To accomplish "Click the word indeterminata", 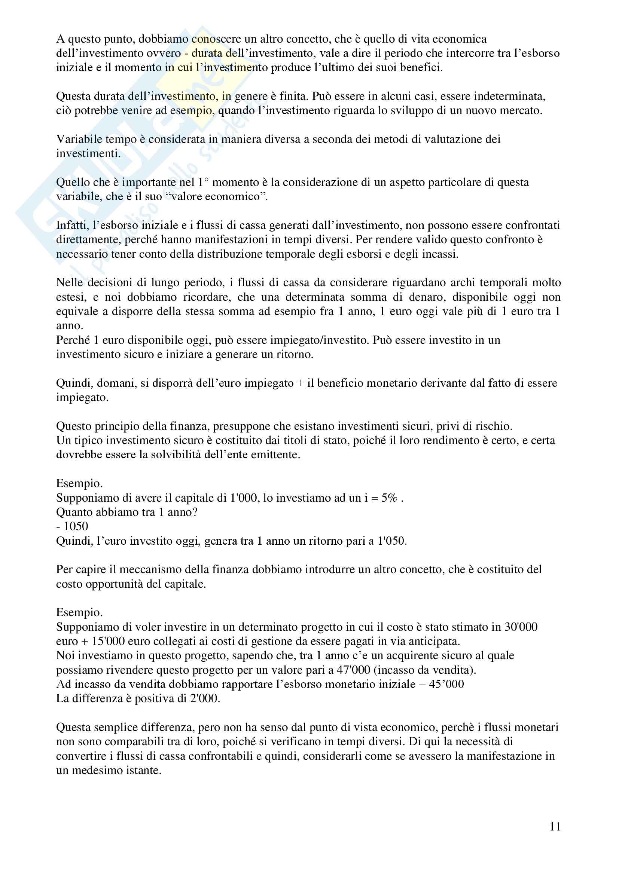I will pos(509,96).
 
